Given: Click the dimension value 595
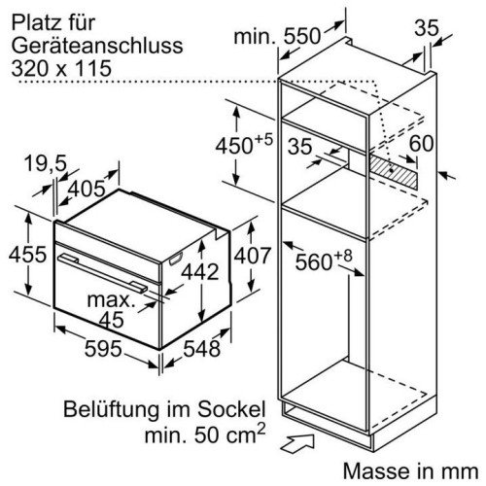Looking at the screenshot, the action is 103,349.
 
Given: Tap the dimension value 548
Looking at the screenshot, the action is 202,349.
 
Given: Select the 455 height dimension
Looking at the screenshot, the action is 28,255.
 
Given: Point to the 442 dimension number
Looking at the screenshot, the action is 200,272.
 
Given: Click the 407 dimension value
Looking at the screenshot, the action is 252,256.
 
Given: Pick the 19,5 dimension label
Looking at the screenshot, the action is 45,163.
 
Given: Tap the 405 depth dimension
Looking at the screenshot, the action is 87,189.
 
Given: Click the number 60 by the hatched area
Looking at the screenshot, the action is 421,144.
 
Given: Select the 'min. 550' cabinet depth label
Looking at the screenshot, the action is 277,36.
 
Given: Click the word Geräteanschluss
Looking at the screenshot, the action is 97,46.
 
